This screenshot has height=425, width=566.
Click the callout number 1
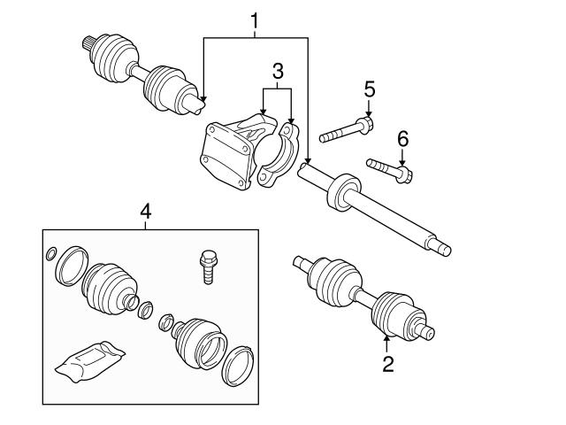[x=255, y=21]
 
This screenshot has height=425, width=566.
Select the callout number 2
[x=388, y=364]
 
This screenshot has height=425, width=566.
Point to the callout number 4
[x=145, y=212]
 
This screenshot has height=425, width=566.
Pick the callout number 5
[x=370, y=89]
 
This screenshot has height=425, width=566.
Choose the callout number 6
[x=403, y=139]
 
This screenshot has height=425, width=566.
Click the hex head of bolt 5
[x=365, y=125]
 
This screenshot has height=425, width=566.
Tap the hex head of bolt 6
[x=404, y=174]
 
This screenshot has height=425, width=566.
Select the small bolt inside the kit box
[x=209, y=267]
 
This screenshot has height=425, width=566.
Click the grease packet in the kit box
[x=90, y=361]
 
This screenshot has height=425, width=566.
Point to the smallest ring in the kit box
[x=51, y=254]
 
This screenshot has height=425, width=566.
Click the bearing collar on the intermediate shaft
[x=344, y=192]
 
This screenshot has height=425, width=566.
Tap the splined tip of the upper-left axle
[x=88, y=43]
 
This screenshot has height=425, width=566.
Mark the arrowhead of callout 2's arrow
[x=387, y=339]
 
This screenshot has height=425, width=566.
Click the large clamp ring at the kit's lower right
[x=237, y=366]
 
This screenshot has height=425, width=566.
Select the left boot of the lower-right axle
[x=334, y=282]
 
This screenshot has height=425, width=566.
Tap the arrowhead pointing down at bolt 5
[x=368, y=113]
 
